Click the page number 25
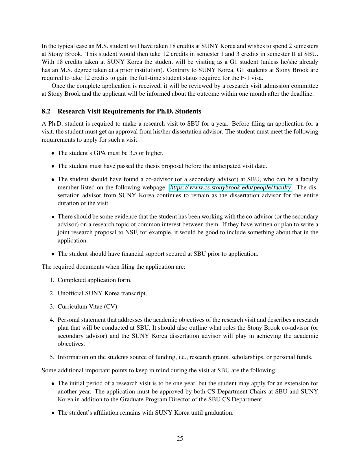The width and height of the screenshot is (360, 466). click(180, 438)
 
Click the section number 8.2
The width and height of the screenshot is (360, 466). click(46, 111)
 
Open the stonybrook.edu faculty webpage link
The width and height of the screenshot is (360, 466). click(230, 187)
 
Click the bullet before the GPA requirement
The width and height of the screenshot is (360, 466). click(53, 153)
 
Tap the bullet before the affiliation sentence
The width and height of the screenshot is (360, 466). click(53, 413)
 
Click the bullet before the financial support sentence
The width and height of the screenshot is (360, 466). click(53, 254)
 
